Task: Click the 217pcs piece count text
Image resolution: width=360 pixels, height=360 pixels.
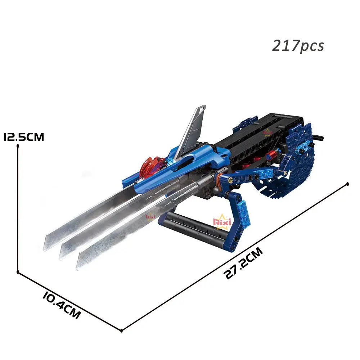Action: point(298,46)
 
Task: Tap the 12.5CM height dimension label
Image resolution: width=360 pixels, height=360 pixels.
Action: point(24,137)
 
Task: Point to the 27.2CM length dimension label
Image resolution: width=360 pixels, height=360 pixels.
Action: point(244,263)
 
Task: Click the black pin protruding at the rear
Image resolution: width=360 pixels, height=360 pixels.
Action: point(319,137)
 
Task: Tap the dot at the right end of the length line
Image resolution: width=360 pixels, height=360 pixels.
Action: point(347,184)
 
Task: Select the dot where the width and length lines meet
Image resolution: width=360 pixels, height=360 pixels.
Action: point(122,330)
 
